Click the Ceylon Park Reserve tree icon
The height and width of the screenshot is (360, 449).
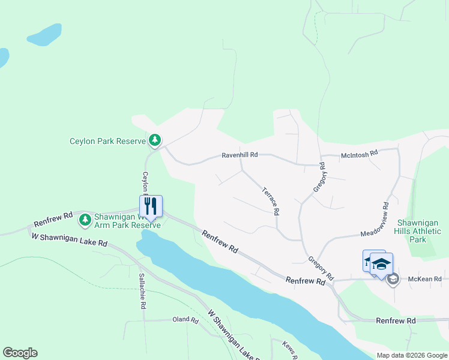coord(155,140)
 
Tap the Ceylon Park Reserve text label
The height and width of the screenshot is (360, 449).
coord(108,142)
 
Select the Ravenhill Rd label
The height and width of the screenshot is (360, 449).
coord(240,155)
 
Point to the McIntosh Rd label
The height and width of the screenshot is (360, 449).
coord(359,154)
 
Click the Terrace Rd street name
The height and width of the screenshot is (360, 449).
coord(270,201)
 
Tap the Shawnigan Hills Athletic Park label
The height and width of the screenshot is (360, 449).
coord(417,230)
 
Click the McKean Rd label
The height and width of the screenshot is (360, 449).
coord(424,279)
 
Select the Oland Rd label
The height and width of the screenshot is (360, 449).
coord(185,320)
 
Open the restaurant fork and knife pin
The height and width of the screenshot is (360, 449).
coord(151,206)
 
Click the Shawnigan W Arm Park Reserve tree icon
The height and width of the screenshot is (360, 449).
coord(85,220)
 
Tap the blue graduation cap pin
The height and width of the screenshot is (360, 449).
coord(381,263)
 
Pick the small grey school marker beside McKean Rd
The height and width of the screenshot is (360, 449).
coord(393,279)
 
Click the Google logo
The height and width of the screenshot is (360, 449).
coord(20,353)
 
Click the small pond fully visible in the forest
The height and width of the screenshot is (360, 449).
coord(44,35)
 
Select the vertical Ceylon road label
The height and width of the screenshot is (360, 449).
coord(145,183)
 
